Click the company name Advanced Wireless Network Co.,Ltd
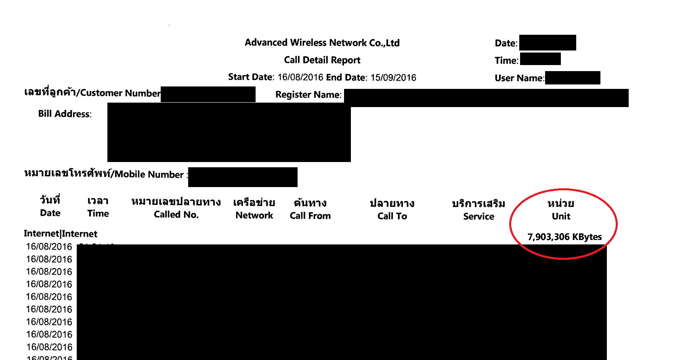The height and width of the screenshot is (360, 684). pyautogui.click(x=322, y=43)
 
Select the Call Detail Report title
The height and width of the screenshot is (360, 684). pyautogui.click(x=322, y=60)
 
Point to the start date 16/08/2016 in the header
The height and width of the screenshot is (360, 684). pyautogui.click(x=300, y=78)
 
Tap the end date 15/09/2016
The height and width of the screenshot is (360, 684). pyautogui.click(x=393, y=78)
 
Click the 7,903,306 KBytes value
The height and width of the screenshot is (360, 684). pyautogui.click(x=564, y=237)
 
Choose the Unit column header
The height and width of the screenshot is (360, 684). pyautogui.click(x=561, y=216)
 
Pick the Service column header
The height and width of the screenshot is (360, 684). pyautogui.click(x=478, y=216)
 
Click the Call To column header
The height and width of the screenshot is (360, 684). pyautogui.click(x=392, y=216)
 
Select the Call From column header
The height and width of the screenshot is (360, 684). pyautogui.click(x=310, y=216)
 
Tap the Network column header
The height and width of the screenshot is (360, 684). pyautogui.click(x=254, y=215)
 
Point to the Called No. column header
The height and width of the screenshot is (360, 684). pyautogui.click(x=176, y=215)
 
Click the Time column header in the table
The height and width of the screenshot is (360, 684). pyautogui.click(x=98, y=213)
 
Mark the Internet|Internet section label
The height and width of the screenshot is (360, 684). pyautogui.click(x=61, y=234)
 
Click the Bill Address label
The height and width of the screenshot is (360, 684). pyautogui.click(x=65, y=114)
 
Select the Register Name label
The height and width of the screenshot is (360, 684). pyautogui.click(x=308, y=95)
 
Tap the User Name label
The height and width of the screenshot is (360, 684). pyautogui.click(x=519, y=78)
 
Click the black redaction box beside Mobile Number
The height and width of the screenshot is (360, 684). pyautogui.click(x=243, y=177)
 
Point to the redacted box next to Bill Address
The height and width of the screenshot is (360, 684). pyautogui.click(x=229, y=133)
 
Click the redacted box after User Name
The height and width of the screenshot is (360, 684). pyautogui.click(x=573, y=78)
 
